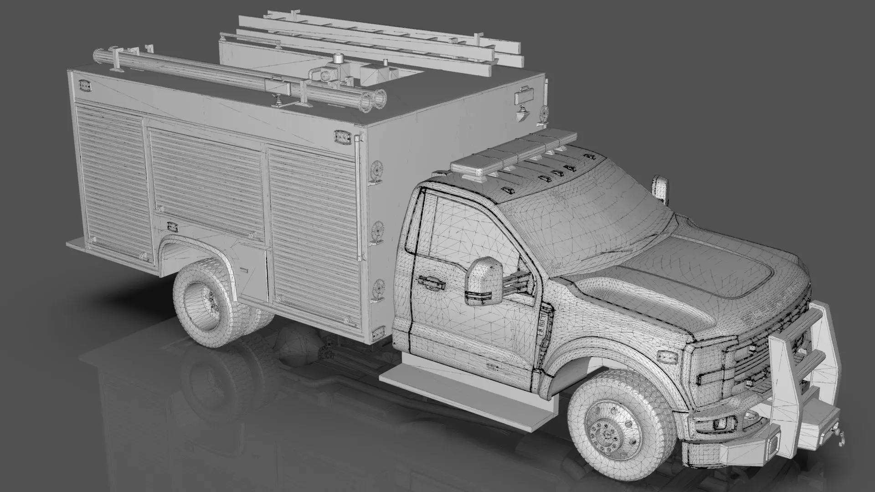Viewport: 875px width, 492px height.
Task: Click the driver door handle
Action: click(431, 282)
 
